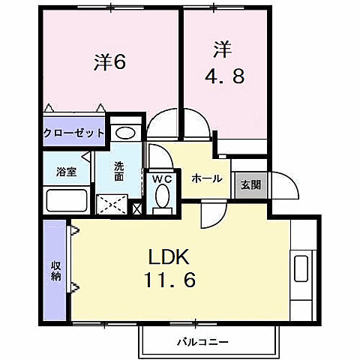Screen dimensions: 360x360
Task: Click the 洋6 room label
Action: click(109, 62)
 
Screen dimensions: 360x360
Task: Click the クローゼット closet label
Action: click(73, 133)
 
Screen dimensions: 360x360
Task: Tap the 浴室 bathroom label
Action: click(67, 172)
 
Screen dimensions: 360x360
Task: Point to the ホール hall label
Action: click(206, 178)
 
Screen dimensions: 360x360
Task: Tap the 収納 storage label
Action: click(56, 271)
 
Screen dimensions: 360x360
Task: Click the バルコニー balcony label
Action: click(202, 342)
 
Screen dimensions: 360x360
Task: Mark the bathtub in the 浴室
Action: click(67, 200)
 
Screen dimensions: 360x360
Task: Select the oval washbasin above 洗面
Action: click(125, 133)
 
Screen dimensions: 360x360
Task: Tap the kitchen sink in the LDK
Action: click(302, 268)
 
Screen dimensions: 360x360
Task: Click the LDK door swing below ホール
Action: click(211, 217)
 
